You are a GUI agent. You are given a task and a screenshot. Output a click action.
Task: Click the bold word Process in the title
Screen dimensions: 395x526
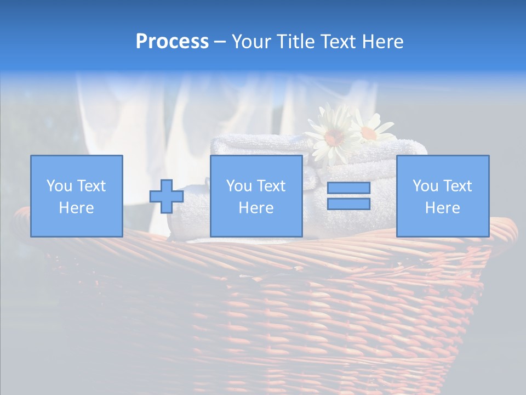pos(172,42)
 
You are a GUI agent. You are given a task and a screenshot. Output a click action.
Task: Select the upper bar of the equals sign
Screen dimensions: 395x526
pos(348,188)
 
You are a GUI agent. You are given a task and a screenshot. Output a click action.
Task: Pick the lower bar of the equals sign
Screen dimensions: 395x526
pos(348,204)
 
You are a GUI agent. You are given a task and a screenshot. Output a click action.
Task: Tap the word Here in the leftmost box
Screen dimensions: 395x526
pos(76,208)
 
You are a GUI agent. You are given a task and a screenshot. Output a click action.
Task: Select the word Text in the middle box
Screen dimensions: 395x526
pos(271,186)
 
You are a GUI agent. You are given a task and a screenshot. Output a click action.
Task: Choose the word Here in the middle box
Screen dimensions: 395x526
pos(256,208)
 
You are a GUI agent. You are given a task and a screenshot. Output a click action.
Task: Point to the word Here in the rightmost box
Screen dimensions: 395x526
pos(442,208)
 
